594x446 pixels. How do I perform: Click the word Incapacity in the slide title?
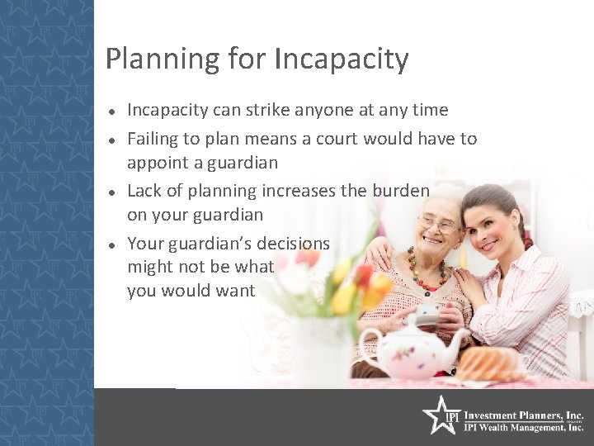point(341,60)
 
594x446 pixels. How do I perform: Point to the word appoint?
point(158,163)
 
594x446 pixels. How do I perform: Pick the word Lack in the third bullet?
point(144,191)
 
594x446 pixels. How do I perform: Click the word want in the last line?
point(237,291)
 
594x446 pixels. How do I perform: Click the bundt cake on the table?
point(490,363)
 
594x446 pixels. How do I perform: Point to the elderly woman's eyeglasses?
point(436,224)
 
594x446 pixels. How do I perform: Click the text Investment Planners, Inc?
point(524,415)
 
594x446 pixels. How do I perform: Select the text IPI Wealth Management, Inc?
point(524,427)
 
